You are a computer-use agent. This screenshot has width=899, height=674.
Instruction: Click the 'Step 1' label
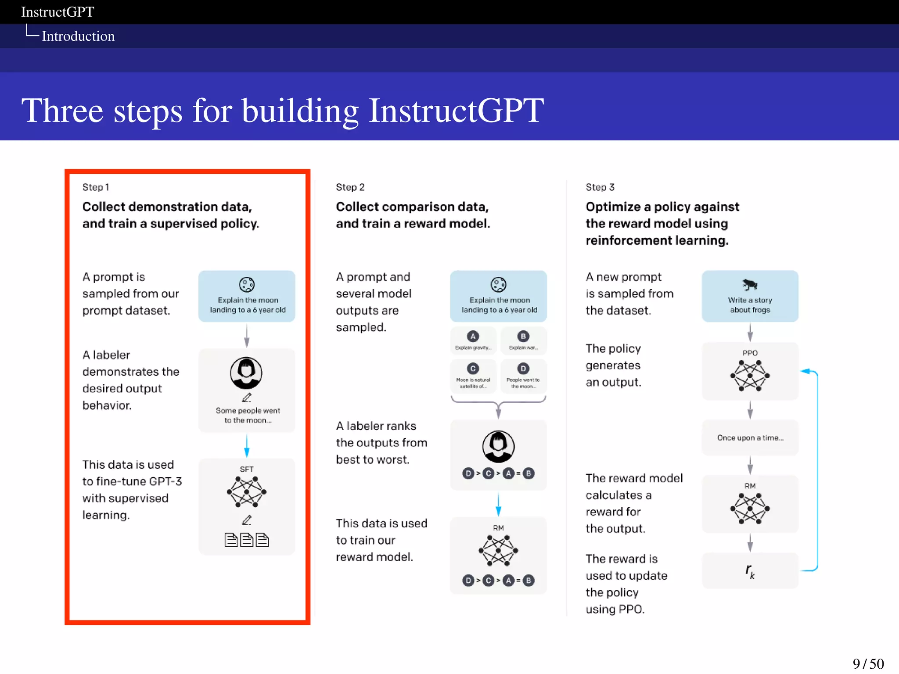[95, 187]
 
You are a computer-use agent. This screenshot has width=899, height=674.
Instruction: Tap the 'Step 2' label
[350, 187]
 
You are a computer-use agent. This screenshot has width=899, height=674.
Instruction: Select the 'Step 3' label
[600, 187]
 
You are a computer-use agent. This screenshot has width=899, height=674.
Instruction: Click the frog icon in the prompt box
[750, 285]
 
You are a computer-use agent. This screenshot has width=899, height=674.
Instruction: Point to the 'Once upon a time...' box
[750, 437]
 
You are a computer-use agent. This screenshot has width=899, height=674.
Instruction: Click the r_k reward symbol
[750, 571]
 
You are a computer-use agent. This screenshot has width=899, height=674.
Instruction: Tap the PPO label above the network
[750, 353]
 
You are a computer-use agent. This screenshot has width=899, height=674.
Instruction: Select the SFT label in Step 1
[246, 469]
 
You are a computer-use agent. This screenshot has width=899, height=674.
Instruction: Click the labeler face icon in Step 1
[246, 373]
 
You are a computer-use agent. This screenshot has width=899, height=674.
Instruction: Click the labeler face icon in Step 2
[498, 446]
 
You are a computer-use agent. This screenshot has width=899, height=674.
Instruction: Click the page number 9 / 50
[868, 663]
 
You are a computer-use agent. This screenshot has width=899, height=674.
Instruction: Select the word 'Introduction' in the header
[78, 36]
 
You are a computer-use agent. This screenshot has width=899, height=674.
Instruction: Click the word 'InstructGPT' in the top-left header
[58, 12]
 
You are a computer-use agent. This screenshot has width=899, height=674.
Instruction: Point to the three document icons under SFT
[246, 540]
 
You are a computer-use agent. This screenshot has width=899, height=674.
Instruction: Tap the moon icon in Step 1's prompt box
[246, 285]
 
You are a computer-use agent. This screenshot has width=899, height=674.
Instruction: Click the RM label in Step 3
[750, 486]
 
